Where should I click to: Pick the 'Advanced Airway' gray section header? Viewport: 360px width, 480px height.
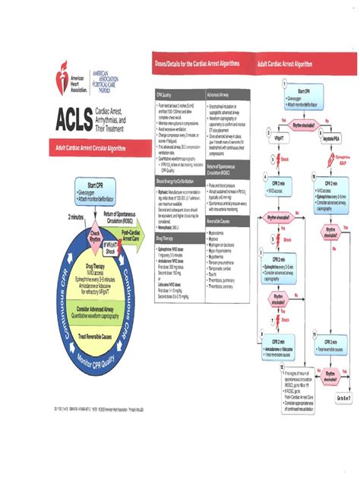tap(220, 95)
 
